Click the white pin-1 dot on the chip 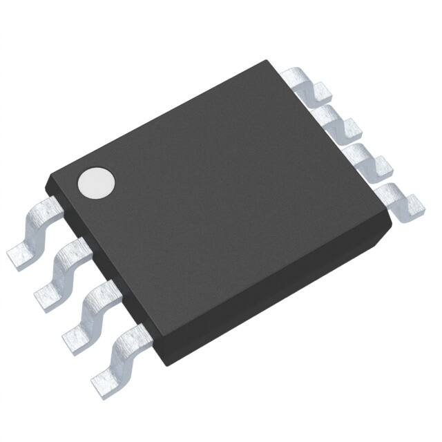point(96,182)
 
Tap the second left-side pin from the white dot point(70,262)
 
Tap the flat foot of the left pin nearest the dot point(21,256)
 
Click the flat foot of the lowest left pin point(104,378)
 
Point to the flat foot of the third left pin point(75,337)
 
